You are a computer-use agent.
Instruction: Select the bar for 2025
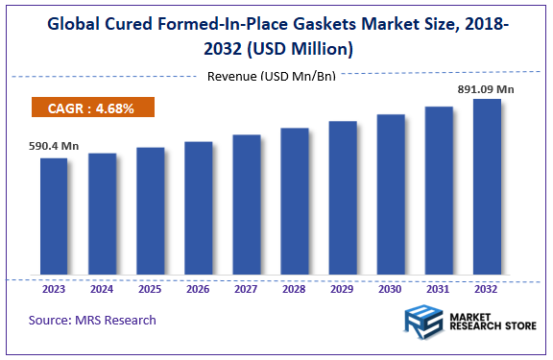click(150, 212)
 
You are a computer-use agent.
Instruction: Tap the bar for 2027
click(246, 206)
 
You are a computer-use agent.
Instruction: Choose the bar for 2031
click(439, 192)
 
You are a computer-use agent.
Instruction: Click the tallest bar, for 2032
click(487, 188)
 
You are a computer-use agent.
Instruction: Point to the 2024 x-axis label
click(102, 289)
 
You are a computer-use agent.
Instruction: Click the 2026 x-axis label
click(198, 289)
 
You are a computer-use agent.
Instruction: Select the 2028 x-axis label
click(294, 289)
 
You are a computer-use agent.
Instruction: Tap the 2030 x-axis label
click(391, 289)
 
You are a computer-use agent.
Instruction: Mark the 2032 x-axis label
click(487, 289)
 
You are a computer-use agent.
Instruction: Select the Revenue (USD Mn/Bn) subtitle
click(271, 76)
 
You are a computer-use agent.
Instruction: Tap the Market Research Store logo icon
click(423, 324)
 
